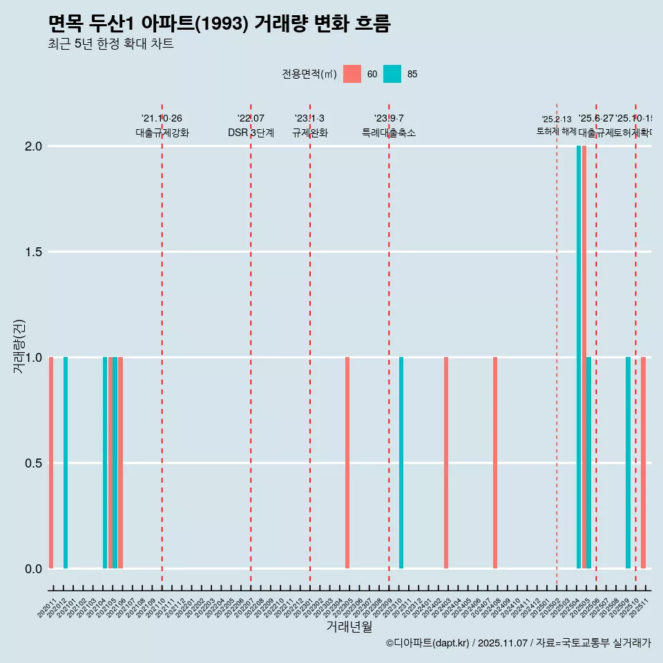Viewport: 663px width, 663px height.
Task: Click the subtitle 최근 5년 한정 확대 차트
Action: [x=110, y=44]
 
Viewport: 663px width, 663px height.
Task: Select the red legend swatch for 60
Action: [x=352, y=74]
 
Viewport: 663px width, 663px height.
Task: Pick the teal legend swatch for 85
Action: [x=392, y=74]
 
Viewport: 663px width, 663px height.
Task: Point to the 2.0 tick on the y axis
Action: [x=35, y=146]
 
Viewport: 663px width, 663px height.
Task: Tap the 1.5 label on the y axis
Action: [x=35, y=252]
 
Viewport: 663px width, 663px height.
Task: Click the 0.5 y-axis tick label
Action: [x=35, y=463]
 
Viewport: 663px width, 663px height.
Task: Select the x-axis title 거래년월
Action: [x=349, y=627]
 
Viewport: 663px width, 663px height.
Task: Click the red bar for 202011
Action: [x=51, y=463]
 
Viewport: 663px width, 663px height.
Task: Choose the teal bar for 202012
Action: [x=66, y=463]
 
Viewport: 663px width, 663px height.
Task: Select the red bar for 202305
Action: [x=347, y=463]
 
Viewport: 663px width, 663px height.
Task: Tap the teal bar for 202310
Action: [x=401, y=463]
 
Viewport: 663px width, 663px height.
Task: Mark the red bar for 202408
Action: [x=495, y=463]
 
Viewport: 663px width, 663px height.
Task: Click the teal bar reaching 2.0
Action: [x=579, y=357]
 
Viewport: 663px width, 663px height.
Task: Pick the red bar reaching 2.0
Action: [x=584, y=357]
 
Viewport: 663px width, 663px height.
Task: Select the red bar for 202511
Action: [x=643, y=463]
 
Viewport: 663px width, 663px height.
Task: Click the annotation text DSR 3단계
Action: [x=251, y=133]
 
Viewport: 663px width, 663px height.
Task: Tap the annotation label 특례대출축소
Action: [x=389, y=133]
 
